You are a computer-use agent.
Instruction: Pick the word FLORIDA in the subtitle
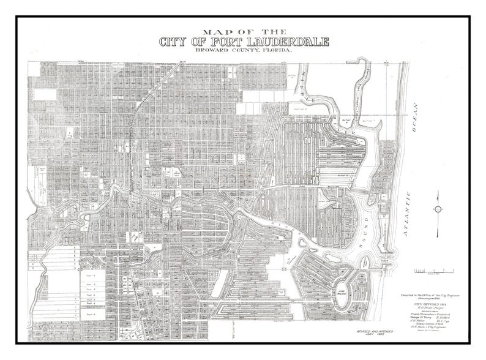pos(275,52)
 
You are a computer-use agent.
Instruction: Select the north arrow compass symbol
pos(438,208)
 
